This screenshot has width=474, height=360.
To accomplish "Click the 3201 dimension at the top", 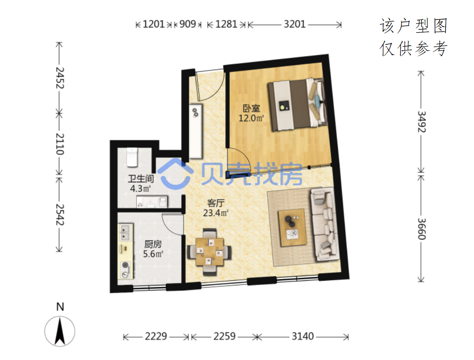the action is pyautogui.click(x=294, y=24).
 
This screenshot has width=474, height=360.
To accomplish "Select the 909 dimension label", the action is pyautogui.click(x=188, y=24).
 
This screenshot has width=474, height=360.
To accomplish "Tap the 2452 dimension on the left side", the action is pyautogui.click(x=60, y=78).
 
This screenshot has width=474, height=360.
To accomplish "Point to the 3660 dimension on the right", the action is pyautogui.click(x=422, y=229).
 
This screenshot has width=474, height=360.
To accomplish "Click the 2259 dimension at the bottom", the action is pyautogui.click(x=224, y=336).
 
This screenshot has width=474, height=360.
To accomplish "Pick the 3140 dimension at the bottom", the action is pyautogui.click(x=303, y=336).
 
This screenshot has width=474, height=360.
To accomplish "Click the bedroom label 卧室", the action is pyautogui.click(x=251, y=108).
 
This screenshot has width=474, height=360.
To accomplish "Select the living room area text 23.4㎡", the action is pyautogui.click(x=216, y=213).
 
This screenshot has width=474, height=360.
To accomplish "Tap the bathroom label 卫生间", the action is pyautogui.click(x=141, y=179).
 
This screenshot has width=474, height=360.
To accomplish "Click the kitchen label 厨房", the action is pyautogui.click(x=153, y=244).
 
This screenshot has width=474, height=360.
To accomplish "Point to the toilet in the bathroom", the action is pyautogui.click(x=132, y=157).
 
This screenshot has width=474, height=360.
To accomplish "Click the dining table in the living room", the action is pyautogui.click(x=210, y=252).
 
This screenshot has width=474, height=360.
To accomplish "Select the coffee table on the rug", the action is pyautogui.click(x=292, y=228).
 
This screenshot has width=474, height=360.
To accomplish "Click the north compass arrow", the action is pyautogui.click(x=60, y=332).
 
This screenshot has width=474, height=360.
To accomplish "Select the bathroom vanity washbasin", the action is pyautogui.click(x=152, y=201).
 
